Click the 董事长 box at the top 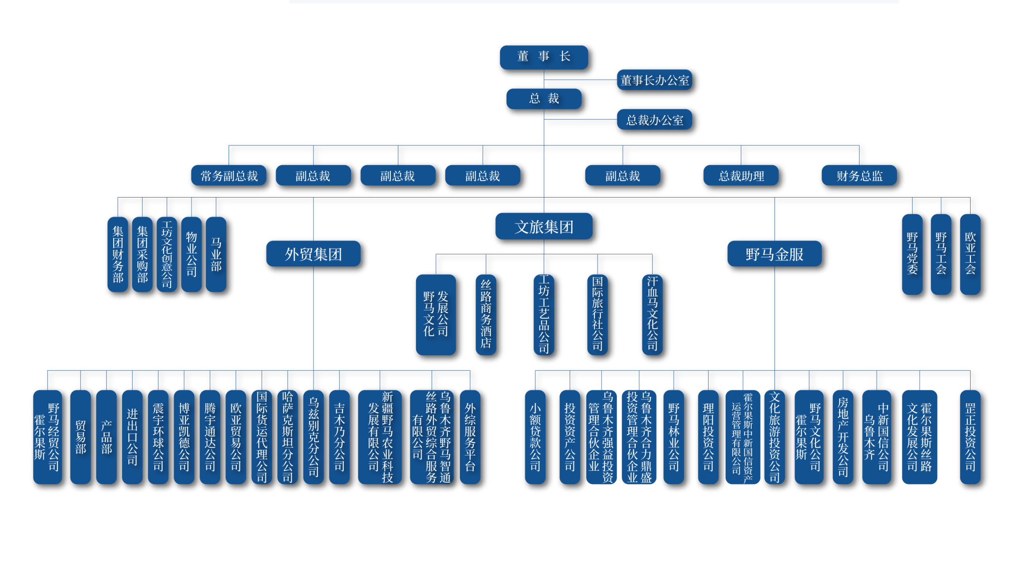[x=544, y=56]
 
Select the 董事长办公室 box [x=654, y=80]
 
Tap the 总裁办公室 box [x=654, y=120]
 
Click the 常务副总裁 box [x=229, y=176]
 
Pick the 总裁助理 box [x=741, y=176]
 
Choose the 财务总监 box [x=859, y=176]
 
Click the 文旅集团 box [x=544, y=227]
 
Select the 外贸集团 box [x=313, y=254]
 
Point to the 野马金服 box [x=775, y=254]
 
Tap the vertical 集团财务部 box [x=118, y=254]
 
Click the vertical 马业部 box [x=216, y=254]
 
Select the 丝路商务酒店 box [x=486, y=315]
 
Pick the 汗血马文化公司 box [x=652, y=315]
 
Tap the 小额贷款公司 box [x=535, y=437]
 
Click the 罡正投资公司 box [x=970, y=437]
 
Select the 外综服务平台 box [x=470, y=437]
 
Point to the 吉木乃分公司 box [x=339, y=437]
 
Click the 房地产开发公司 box [x=843, y=437]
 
